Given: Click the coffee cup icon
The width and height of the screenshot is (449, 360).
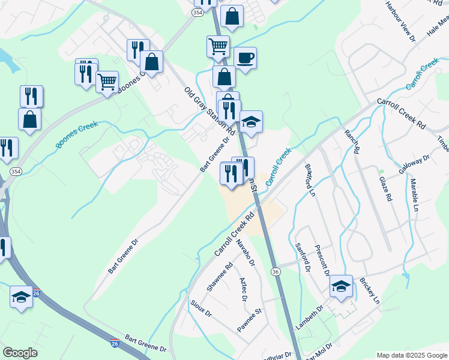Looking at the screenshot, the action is tap(245, 58).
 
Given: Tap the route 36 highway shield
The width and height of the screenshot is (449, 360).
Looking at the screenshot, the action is tap(276, 272).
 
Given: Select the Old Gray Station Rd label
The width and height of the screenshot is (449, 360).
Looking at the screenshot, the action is tap(208, 110).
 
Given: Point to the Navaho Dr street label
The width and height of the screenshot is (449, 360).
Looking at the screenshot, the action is tap(246, 253).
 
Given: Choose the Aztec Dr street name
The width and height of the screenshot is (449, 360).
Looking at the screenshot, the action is tap(244, 289).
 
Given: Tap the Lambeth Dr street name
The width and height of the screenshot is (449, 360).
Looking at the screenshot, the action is tap(310, 316).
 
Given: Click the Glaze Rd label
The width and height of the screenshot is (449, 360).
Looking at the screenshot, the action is tap(385, 188).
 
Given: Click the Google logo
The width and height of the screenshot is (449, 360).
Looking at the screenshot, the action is tap(20, 353).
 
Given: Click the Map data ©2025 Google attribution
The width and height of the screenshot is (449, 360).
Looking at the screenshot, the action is tap(411, 355).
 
